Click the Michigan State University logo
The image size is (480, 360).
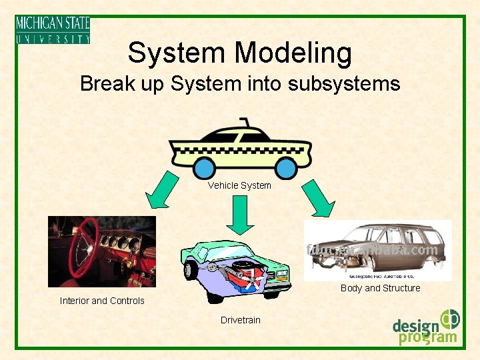coord(53,30)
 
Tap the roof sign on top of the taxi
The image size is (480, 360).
coord(245,122)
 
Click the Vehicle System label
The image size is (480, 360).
coord(239,185)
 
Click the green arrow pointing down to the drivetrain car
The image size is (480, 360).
coord(239,215)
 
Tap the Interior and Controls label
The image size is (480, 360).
coord(102,301)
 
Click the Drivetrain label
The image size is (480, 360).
coord(241,320)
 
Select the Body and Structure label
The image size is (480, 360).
coord(380,288)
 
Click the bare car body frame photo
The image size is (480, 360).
coord(377,249)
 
